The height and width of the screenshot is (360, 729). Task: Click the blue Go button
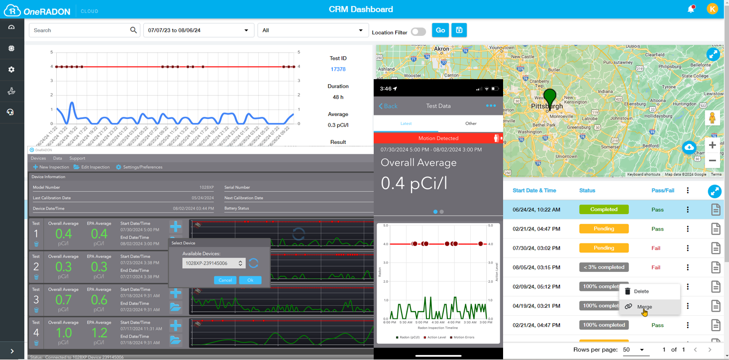tap(440, 30)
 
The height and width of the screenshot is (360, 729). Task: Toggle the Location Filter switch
tap(418, 32)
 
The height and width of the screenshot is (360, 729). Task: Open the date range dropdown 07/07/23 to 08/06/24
tap(199, 30)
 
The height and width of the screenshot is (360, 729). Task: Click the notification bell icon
tap(691, 9)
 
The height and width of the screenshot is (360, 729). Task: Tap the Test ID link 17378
tap(338, 69)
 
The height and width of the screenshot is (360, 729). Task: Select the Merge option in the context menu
tap(644, 307)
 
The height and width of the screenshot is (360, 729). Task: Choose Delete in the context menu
tap(641, 291)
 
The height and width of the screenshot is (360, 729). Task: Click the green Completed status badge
tap(604, 210)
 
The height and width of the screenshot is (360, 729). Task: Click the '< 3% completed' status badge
tap(604, 267)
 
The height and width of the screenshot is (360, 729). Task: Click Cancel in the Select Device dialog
tap(225, 280)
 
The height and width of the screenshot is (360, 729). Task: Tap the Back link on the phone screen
tap(388, 106)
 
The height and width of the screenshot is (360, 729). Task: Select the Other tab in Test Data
tap(471, 123)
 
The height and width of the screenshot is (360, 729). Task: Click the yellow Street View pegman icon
tap(712, 119)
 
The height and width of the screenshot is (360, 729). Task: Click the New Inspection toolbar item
tap(51, 167)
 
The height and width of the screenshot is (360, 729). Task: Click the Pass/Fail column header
tap(663, 191)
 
